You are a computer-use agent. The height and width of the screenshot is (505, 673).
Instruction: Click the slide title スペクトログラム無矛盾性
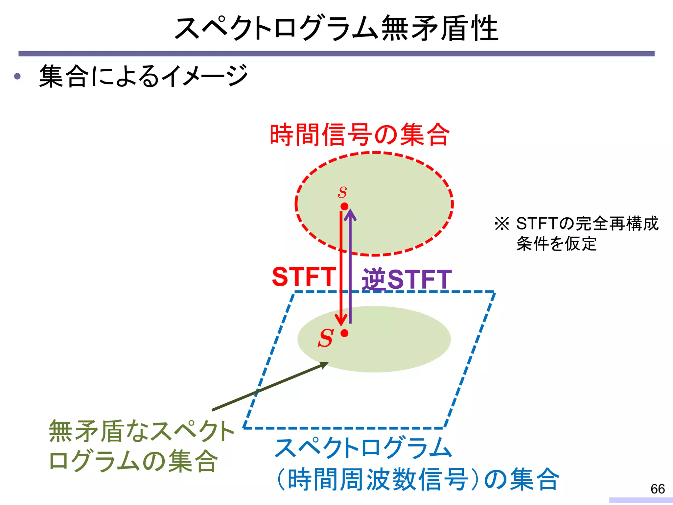(x=336, y=28)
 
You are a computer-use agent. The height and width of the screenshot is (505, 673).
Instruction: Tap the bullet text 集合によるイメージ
(x=143, y=76)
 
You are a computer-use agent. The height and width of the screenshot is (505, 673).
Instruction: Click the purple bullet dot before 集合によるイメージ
(x=17, y=77)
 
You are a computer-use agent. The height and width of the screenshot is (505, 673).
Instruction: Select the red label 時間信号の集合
(x=360, y=135)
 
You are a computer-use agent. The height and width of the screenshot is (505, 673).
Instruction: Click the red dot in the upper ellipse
(x=344, y=206)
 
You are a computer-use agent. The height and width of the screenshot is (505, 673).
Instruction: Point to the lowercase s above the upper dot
(x=342, y=192)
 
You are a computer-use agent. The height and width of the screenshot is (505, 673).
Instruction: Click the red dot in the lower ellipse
(x=344, y=333)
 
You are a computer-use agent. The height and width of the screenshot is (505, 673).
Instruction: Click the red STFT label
(x=304, y=277)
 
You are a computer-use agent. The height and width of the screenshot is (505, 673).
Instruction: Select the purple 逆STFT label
(x=407, y=279)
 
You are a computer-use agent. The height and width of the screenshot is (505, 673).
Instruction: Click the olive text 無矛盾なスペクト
(x=141, y=431)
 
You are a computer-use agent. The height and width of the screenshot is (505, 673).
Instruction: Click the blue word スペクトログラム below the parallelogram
(x=363, y=448)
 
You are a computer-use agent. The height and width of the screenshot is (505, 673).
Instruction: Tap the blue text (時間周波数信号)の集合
(x=417, y=479)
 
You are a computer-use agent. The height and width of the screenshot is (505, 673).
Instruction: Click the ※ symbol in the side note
(x=501, y=224)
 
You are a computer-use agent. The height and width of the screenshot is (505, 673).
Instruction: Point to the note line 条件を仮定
(x=556, y=244)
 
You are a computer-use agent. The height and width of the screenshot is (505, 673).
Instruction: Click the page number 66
(x=658, y=489)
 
